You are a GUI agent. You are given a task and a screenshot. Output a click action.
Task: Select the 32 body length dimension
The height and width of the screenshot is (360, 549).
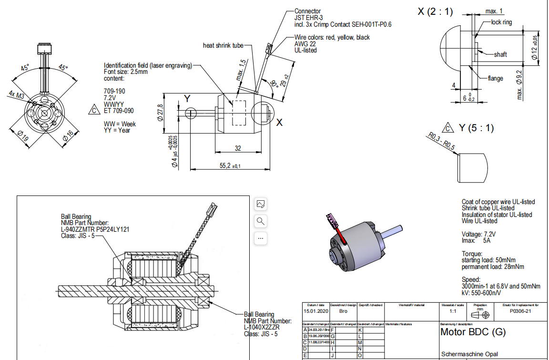(238, 149)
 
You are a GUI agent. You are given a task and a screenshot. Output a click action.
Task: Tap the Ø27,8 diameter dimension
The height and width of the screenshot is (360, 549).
(160, 113)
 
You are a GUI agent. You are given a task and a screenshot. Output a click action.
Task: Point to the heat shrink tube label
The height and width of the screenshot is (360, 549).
(223, 45)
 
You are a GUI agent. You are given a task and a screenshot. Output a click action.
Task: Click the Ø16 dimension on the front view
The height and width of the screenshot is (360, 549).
(68, 137)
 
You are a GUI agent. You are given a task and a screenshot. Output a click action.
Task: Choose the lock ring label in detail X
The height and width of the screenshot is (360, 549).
(501, 22)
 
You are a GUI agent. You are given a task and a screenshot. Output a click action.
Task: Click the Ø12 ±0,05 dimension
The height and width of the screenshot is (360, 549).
(534, 48)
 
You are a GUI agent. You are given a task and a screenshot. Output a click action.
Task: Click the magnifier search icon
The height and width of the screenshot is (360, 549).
(261, 221)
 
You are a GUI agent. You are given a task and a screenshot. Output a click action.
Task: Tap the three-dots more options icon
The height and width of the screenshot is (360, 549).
(261, 237)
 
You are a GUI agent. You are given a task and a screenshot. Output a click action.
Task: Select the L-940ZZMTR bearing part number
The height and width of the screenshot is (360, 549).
(95, 229)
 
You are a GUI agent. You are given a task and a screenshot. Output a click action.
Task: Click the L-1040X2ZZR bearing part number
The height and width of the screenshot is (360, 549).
(262, 327)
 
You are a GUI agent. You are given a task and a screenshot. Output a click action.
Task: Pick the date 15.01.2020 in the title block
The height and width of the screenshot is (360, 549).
(316, 311)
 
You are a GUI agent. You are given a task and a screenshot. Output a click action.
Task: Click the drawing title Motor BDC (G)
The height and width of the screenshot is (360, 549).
(473, 332)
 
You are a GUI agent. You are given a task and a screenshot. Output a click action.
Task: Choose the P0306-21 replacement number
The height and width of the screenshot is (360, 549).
(520, 311)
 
